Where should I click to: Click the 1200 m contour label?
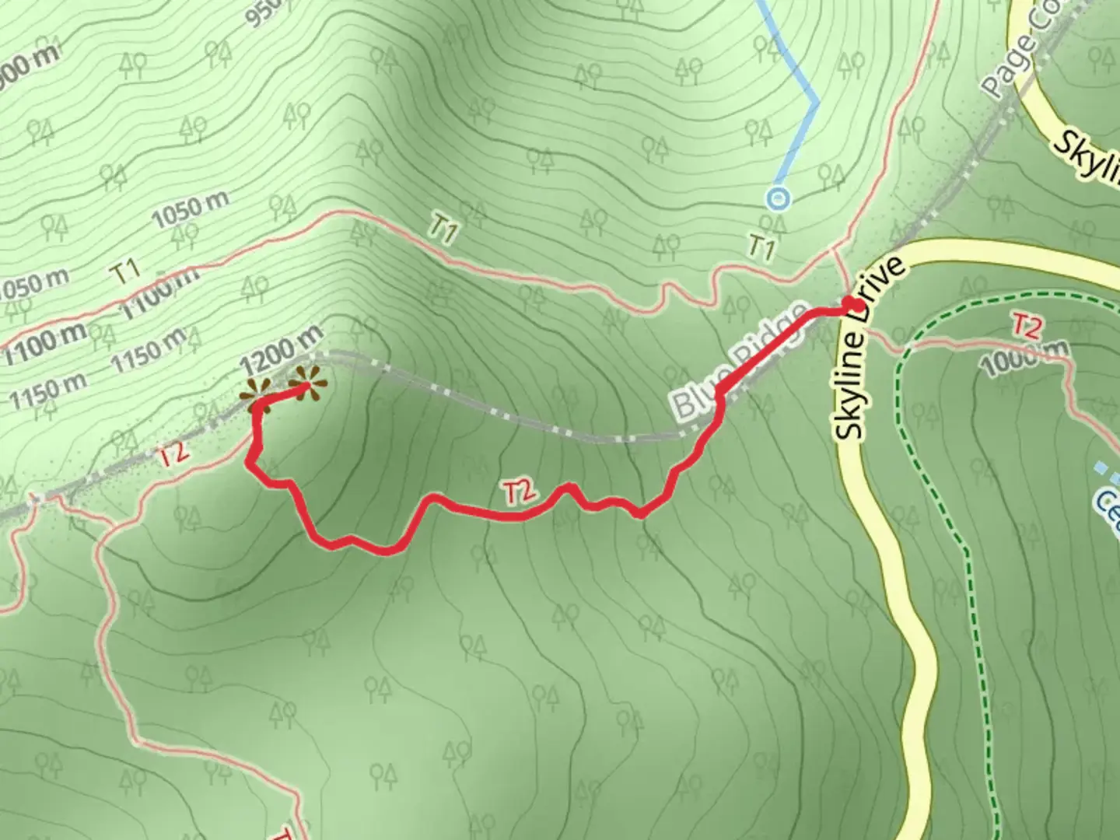pyautogui.click(x=280, y=352)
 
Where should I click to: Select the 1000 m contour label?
pyautogui.click(x=1025, y=359)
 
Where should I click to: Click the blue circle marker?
pyautogui.click(x=777, y=198)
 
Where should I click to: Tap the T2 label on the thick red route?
pyautogui.click(x=520, y=492)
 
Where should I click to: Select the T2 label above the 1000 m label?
pyautogui.click(x=1027, y=327)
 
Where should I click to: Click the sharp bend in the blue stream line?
pyautogui.click(x=816, y=101)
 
